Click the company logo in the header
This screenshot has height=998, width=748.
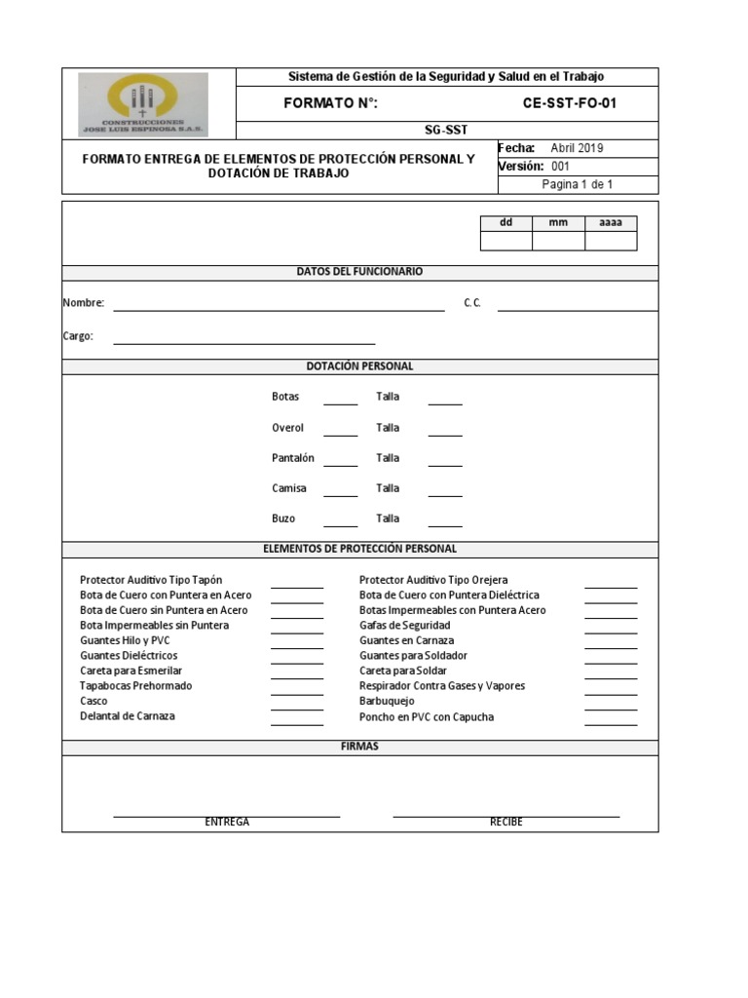143,103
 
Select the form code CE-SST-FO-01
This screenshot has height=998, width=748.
570,103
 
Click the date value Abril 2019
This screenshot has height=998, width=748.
577,148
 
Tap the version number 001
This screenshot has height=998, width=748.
560,167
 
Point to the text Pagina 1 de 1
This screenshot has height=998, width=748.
577,184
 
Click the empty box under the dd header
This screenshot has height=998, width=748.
505,241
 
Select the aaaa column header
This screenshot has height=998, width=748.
610,222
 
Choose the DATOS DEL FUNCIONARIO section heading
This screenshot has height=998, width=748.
359,272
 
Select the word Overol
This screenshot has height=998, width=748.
287,428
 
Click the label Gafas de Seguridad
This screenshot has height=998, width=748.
404,625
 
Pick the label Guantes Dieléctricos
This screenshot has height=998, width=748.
129,656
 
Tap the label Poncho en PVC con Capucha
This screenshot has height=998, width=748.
426,716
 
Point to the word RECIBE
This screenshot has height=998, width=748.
505,823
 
